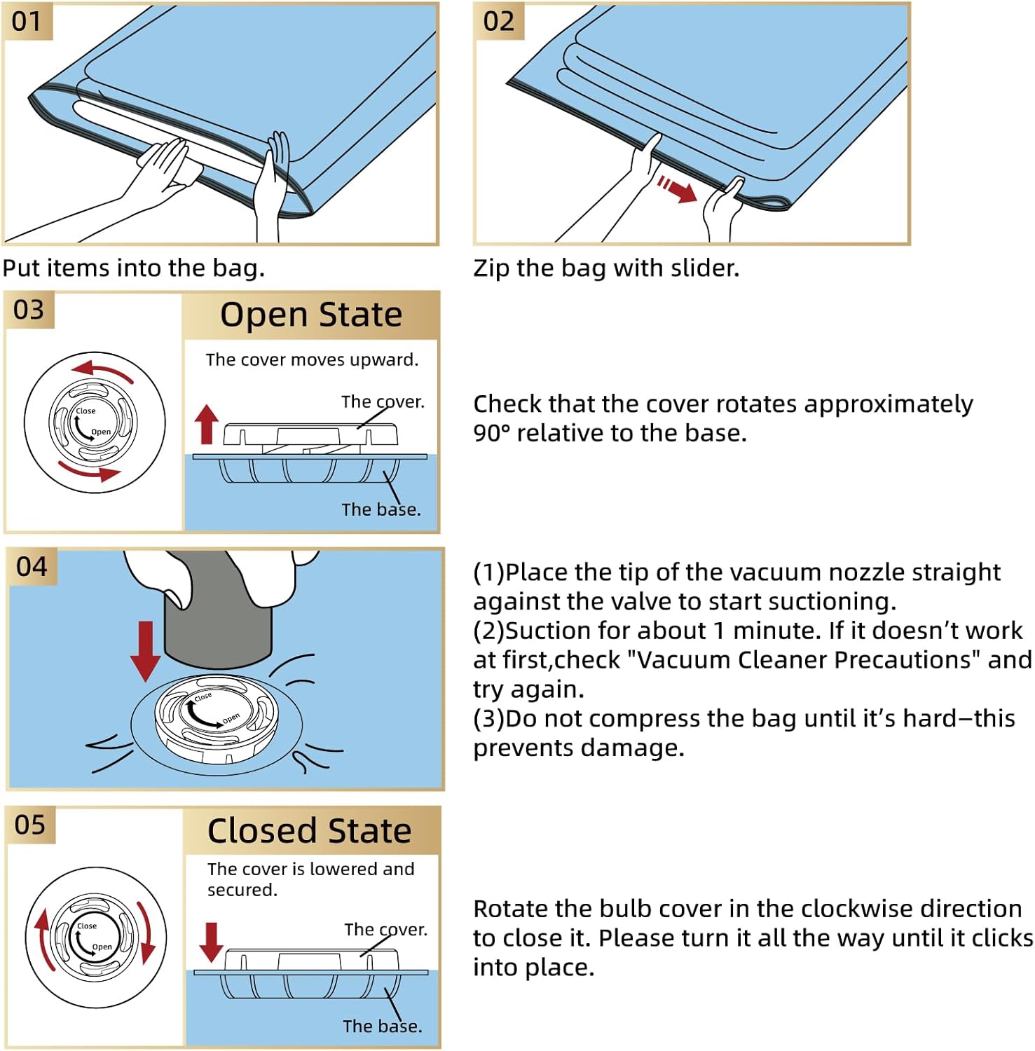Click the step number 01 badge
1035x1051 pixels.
coord(27,21)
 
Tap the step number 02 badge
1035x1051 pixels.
coord(498,21)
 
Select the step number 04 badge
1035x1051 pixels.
coord(32,566)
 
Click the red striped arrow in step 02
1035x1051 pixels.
coord(677,188)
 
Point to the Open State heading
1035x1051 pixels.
coord(311,315)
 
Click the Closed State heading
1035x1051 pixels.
coord(309,831)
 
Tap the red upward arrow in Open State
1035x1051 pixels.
coord(206,424)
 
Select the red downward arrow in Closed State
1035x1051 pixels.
coord(211,942)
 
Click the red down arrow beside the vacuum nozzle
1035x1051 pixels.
coord(146,650)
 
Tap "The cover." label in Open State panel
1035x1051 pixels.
coord(383,401)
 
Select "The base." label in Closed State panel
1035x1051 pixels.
coord(382,1026)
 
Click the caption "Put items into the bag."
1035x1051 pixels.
coord(134,268)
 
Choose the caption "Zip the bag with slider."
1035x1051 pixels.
coord(606,268)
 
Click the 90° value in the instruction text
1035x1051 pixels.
coord(491,433)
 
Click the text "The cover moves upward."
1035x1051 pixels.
coord(312,359)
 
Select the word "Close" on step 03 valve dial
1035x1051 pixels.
coord(85,411)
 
